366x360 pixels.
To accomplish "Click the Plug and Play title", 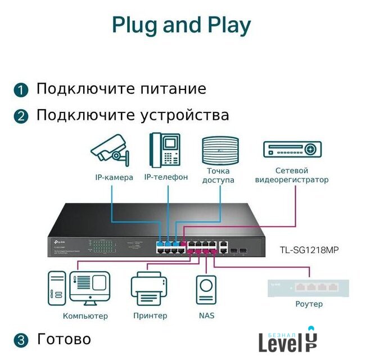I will [182, 26].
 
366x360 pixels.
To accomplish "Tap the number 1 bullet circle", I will [21, 90].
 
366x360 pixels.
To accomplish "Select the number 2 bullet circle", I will [21, 116].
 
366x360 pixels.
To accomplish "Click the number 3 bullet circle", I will [21, 340].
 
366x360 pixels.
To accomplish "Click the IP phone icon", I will [165, 150].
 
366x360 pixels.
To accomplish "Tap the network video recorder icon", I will [292, 150].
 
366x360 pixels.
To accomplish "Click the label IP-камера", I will [114, 178].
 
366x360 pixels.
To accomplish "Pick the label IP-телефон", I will [166, 177].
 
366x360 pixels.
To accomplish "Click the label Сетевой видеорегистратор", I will [292, 175].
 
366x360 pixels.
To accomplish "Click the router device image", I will [308, 287].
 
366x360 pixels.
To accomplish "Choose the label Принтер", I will [150, 316].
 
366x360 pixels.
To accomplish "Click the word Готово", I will [64, 339].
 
